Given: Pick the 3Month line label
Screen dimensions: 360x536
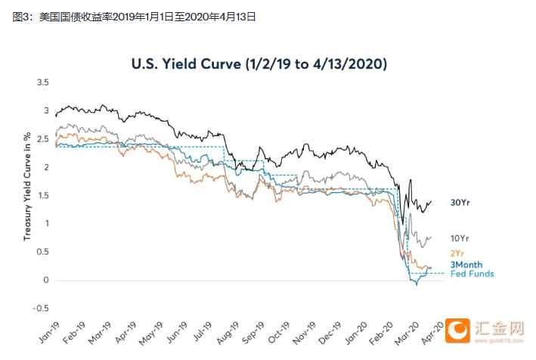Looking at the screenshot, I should click(x=467, y=264).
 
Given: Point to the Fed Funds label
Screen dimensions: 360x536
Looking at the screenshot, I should click(x=472, y=273).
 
